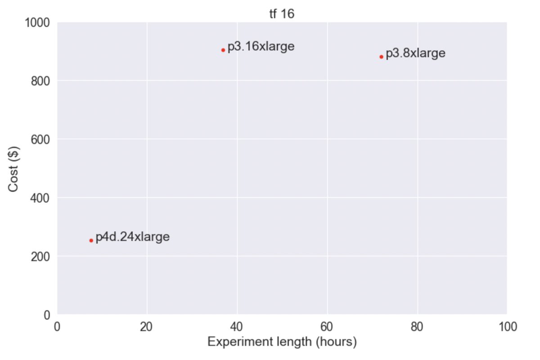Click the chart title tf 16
click(x=282, y=14)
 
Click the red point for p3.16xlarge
click(x=223, y=50)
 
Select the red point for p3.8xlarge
click(x=381, y=57)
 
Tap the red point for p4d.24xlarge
click(x=91, y=240)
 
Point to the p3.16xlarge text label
click(x=261, y=46)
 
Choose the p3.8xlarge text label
click(x=415, y=53)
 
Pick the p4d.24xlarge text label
click(x=133, y=237)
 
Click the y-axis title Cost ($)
click(x=13, y=168)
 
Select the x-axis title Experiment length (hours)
click(x=282, y=342)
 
